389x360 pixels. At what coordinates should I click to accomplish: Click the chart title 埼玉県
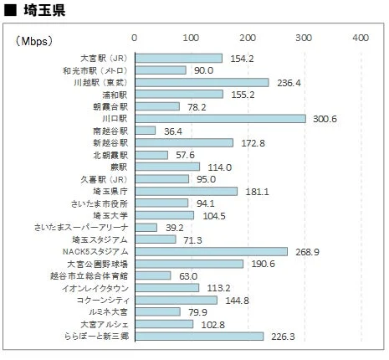pyautogui.click(x=38, y=12)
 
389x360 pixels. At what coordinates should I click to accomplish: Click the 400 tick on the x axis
pyautogui.click(x=360, y=39)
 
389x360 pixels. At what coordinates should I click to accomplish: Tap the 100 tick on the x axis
pyautogui.click(x=191, y=39)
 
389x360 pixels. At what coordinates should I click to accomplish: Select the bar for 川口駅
pyautogui.click(x=220, y=118)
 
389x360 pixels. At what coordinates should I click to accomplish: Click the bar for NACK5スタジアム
pyautogui.click(x=211, y=251)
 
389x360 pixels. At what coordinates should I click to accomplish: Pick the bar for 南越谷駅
pyautogui.click(x=145, y=131)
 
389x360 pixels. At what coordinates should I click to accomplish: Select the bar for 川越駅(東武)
pyautogui.click(x=202, y=82)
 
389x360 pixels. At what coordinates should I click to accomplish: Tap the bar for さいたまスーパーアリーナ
pyautogui.click(x=146, y=227)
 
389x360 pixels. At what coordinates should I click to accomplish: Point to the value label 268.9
pyautogui.click(x=310, y=251)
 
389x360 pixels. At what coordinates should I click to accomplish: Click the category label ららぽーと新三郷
pyautogui.click(x=95, y=336)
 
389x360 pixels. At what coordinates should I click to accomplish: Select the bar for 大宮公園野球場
pyautogui.click(x=189, y=264)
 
